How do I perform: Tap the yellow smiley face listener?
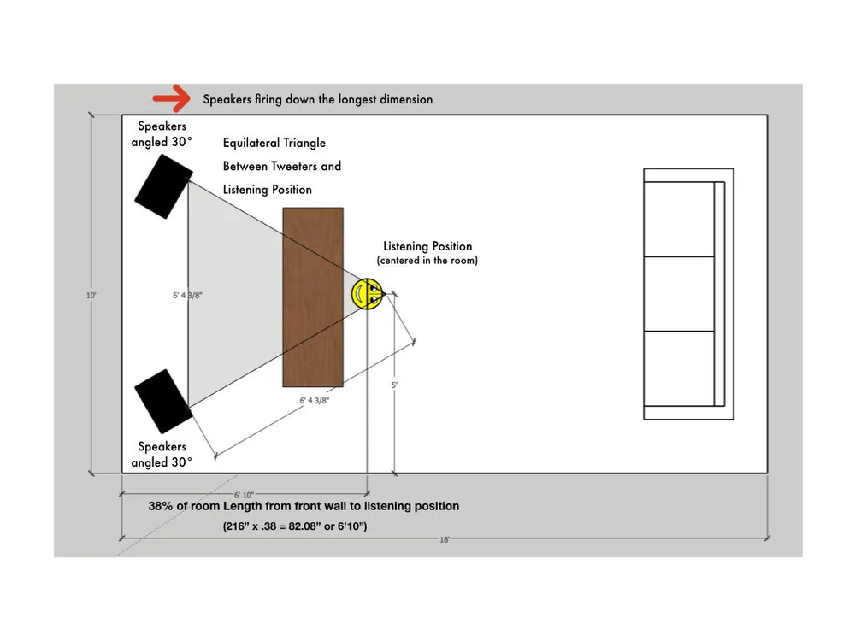click(x=368, y=294)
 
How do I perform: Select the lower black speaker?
click(x=162, y=400)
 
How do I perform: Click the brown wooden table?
click(x=313, y=297)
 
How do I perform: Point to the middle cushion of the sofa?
click(x=679, y=293)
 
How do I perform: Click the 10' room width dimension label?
click(x=91, y=296)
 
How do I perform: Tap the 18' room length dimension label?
click(x=445, y=539)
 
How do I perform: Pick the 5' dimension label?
click(x=394, y=385)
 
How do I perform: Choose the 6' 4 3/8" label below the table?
click(x=315, y=400)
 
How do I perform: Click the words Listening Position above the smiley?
click(x=427, y=247)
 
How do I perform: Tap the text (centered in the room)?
click(x=427, y=261)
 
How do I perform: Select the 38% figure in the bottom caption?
click(x=162, y=506)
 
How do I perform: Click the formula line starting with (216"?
click(x=295, y=526)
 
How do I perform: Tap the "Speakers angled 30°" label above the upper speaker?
click(x=162, y=134)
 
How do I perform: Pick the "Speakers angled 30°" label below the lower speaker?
click(x=162, y=455)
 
